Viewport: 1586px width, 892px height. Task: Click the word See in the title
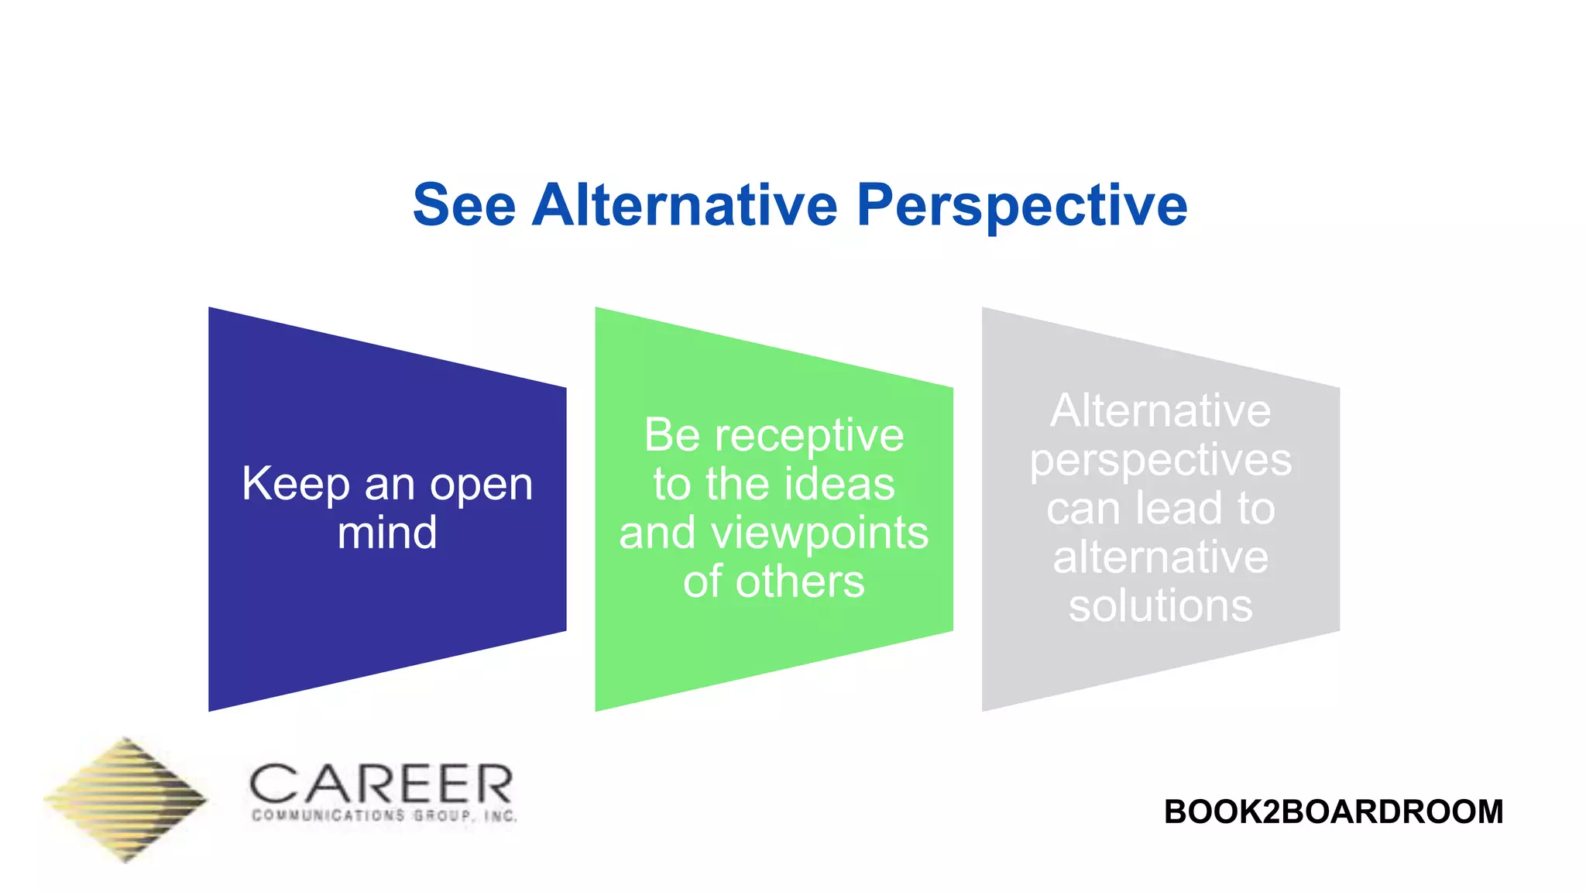(x=464, y=205)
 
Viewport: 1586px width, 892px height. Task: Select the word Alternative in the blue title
(x=685, y=205)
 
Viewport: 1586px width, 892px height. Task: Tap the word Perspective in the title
(x=1021, y=207)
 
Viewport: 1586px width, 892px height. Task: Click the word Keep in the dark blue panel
(x=295, y=485)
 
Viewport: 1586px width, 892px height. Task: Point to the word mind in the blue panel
(x=387, y=533)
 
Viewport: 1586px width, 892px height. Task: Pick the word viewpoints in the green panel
(x=819, y=534)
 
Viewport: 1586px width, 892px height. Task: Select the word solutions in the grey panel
(x=1160, y=606)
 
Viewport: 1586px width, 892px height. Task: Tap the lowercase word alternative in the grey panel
(x=1160, y=557)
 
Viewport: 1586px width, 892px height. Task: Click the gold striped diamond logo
(x=125, y=799)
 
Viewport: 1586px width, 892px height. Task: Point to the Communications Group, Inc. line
(x=384, y=815)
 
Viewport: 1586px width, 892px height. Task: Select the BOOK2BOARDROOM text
(x=1333, y=811)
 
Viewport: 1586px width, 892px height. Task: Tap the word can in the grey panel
(x=1082, y=509)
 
